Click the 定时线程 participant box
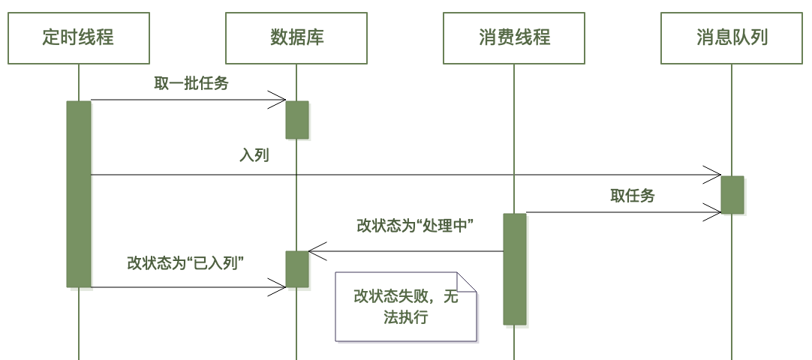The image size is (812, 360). pos(79,37)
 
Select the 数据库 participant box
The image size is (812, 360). pos(296,37)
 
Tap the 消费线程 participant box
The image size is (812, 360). pos(514,37)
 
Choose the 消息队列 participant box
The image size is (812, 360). pos(732,37)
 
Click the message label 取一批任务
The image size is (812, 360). pos(191,84)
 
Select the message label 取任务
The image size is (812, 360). pos(633,196)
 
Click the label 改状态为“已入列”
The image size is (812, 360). pos(188,262)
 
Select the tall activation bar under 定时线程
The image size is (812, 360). pos(79,193)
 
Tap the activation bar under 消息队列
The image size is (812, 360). pos(732,195)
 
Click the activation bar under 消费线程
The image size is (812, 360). pos(514,268)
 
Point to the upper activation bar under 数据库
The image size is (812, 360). pos(296,120)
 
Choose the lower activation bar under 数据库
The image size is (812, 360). pos(296,269)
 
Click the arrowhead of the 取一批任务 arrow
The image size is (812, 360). pos(279,100)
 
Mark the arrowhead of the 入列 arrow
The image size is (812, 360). pos(714,175)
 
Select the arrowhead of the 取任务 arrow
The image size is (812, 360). pos(714,212)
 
